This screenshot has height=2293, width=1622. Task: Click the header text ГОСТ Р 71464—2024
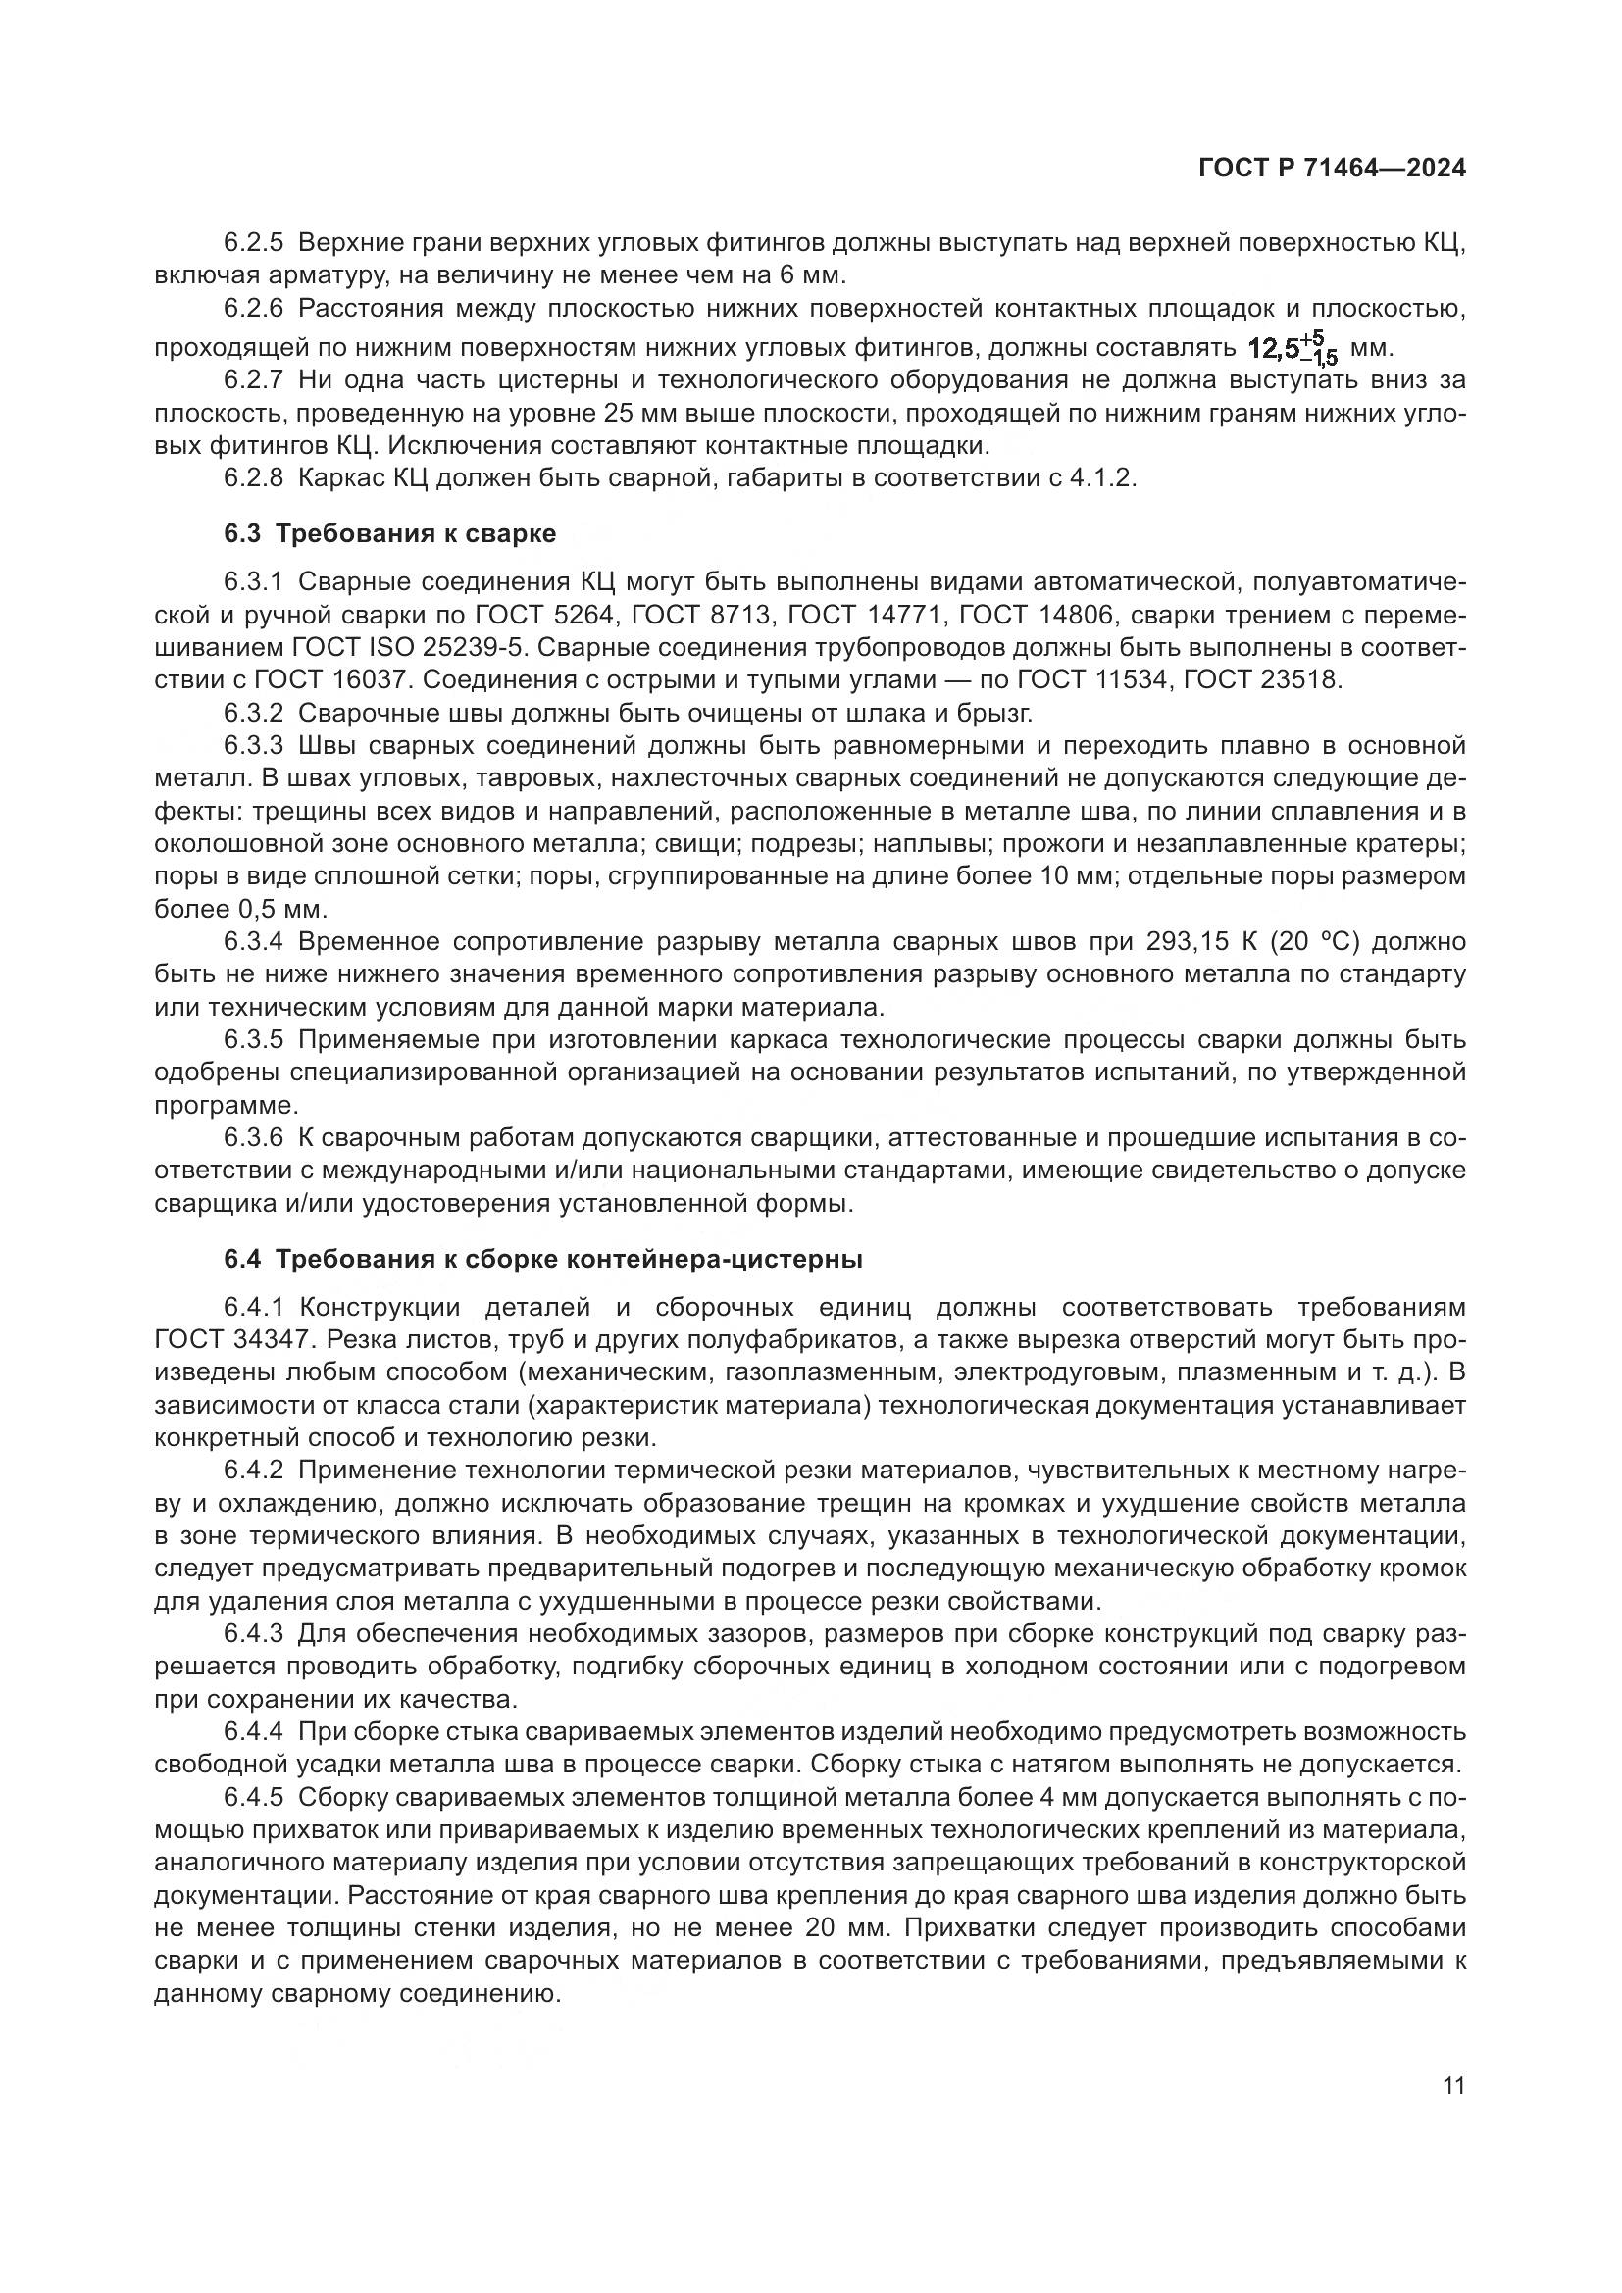coord(1332,169)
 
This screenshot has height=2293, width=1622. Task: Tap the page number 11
coord(1453,2085)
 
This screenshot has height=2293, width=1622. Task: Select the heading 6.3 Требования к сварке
coord(389,533)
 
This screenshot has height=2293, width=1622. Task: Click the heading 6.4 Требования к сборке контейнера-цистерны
coord(542,1260)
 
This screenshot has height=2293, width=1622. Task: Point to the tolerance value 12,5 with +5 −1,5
coord(1293,349)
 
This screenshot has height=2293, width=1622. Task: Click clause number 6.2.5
coord(254,243)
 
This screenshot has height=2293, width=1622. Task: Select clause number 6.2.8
coord(254,477)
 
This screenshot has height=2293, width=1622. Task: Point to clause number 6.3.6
coord(254,1137)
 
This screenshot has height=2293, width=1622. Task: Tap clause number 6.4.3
coord(254,1634)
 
